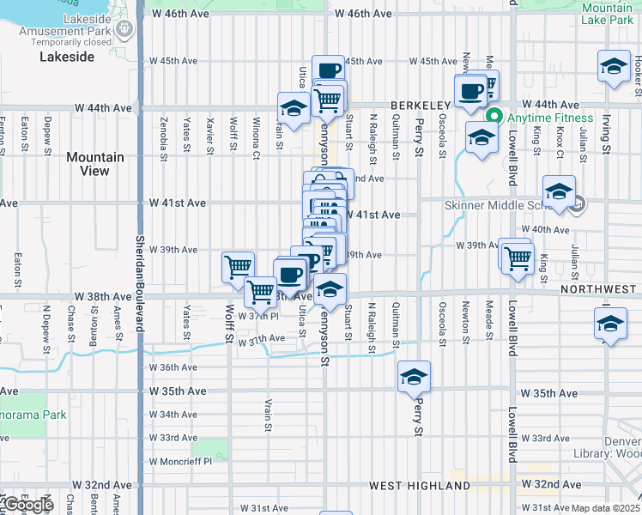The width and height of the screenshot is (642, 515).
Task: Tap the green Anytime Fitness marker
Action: tap(493, 118)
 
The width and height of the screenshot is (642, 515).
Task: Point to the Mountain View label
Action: tap(94, 164)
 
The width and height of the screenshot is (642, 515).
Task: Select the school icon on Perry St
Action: tap(414, 377)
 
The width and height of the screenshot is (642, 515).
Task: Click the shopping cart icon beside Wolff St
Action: tap(238, 265)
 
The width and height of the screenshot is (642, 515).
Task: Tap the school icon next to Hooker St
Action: tap(615, 67)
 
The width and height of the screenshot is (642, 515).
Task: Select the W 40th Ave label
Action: tap(550, 230)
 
